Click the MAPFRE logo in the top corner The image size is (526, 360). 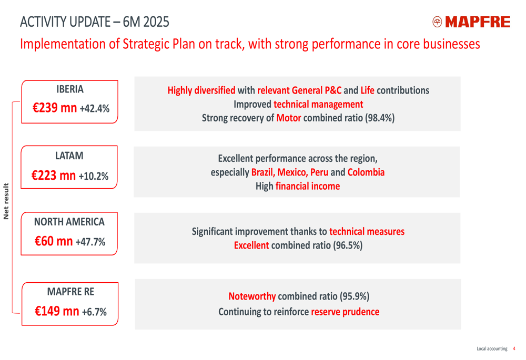pos(471,22)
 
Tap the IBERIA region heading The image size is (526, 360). pos(70,89)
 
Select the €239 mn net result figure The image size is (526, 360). pos(55,108)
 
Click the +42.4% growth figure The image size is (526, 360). pos(95,109)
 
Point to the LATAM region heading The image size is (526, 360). pos(69,156)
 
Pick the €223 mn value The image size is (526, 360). pos(54,176)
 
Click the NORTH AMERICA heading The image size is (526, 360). pos(69,222)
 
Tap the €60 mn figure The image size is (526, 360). pos(54,242)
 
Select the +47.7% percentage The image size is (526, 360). pos(90,242)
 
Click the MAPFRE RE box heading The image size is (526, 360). pos(70,291)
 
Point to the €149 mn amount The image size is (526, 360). pos(57,311)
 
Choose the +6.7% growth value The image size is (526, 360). pos(94,312)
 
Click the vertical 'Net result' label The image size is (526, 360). pos(6,201)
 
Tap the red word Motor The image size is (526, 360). pos(288,118)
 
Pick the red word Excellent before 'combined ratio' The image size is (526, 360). pos(251,245)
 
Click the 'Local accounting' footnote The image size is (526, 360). pos(492,348)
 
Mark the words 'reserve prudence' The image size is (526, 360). pos(345,312)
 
